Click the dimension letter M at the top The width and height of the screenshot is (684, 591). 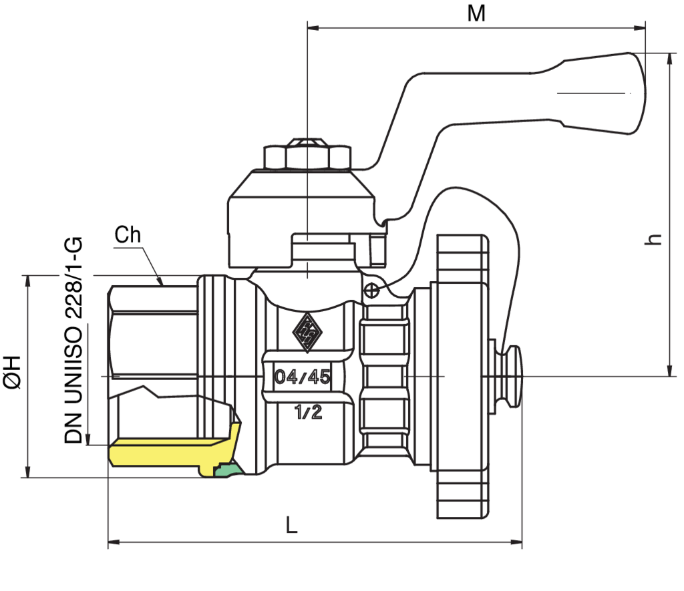click(x=476, y=13)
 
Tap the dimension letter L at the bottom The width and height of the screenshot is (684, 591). click(x=291, y=525)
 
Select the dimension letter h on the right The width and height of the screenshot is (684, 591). click(x=653, y=239)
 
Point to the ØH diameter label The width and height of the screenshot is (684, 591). click(x=12, y=371)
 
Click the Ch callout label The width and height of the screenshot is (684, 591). click(x=128, y=234)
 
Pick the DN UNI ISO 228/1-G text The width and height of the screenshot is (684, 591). click(x=73, y=340)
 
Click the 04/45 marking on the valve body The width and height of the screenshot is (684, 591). click(x=303, y=377)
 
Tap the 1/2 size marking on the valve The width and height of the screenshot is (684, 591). click(x=308, y=412)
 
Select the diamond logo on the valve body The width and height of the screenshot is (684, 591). click(x=307, y=333)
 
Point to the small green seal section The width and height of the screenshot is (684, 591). click(x=228, y=469)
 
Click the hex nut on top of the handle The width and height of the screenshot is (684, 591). click(x=307, y=154)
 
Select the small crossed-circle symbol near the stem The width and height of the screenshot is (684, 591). click(x=371, y=290)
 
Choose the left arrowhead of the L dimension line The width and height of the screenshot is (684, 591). click(x=114, y=542)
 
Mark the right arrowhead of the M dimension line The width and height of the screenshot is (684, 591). click(x=639, y=28)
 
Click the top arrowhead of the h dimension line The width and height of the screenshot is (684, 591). click(x=671, y=59)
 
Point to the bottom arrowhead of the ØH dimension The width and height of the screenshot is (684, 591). click(x=28, y=471)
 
